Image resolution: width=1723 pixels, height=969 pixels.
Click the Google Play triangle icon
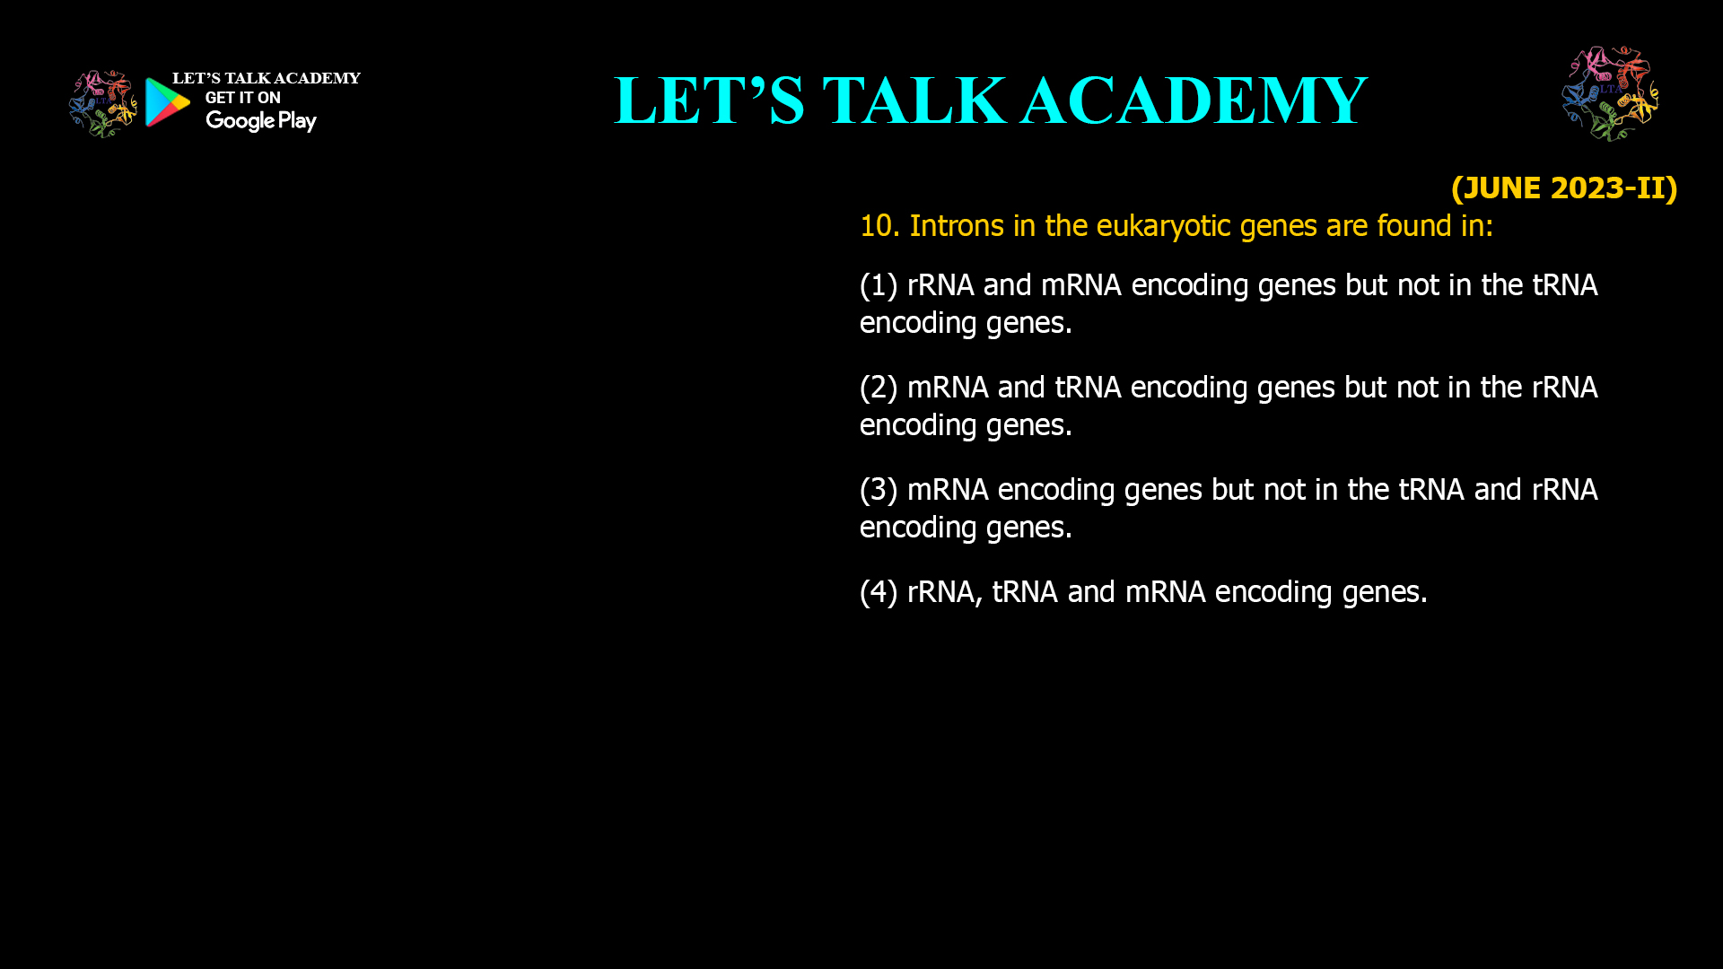point(168,102)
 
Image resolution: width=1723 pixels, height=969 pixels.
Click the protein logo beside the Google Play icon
point(103,104)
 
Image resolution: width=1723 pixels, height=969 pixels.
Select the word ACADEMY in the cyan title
point(1194,100)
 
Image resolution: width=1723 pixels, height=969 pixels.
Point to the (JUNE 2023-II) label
point(1563,188)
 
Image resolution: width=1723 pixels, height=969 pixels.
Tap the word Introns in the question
point(957,226)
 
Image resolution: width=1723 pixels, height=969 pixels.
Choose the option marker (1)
point(879,285)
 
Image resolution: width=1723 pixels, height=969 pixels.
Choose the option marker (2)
point(879,388)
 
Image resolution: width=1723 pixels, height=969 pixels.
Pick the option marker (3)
point(879,490)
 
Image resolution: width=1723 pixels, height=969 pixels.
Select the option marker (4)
point(879,592)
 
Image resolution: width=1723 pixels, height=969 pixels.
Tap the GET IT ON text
point(242,98)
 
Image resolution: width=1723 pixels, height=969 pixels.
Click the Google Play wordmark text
point(260,121)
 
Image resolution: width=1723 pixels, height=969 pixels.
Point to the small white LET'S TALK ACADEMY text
point(266,79)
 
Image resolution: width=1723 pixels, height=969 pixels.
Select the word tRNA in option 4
point(1025,592)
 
